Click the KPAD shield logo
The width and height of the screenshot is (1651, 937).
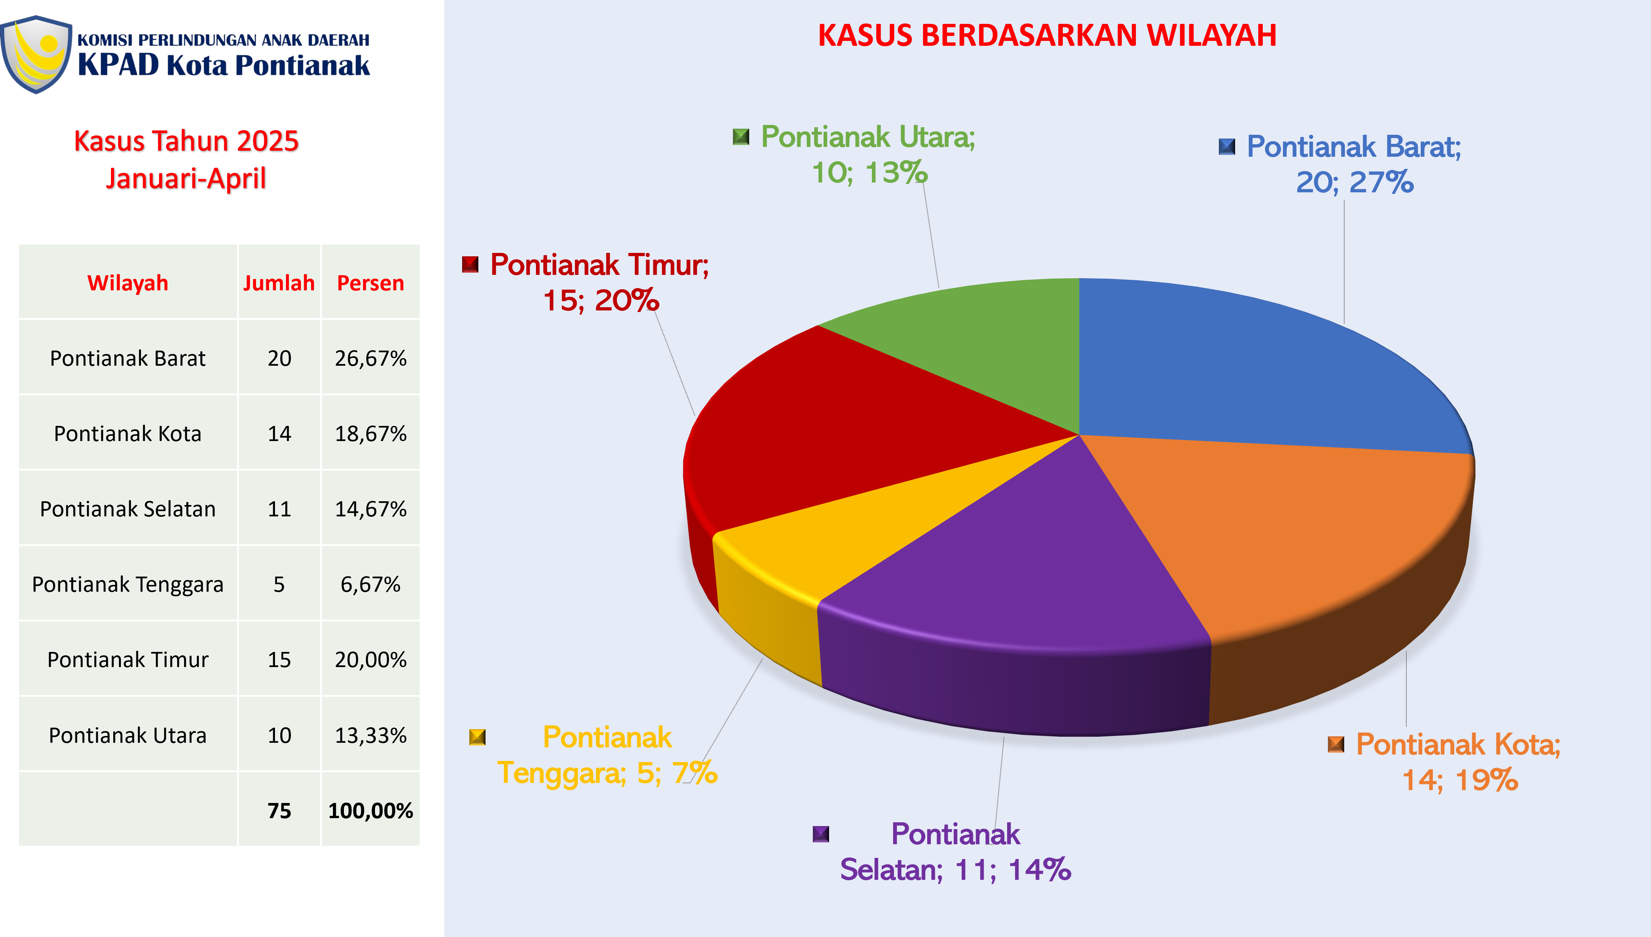[36, 55]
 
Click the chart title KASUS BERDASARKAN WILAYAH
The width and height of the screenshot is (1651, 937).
[1047, 35]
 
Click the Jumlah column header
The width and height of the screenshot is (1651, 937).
[279, 283]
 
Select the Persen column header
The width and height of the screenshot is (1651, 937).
[371, 283]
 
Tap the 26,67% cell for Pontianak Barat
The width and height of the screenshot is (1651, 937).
[371, 359]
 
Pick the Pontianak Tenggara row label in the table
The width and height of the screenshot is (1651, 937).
[128, 584]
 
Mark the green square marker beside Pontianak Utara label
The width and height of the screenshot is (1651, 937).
[741, 137]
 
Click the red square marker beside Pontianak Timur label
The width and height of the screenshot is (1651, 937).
[470, 265]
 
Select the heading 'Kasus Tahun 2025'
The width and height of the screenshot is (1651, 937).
[187, 141]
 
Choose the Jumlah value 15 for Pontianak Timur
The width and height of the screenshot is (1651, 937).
[280, 659]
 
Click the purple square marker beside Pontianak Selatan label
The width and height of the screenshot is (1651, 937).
[821, 834]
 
